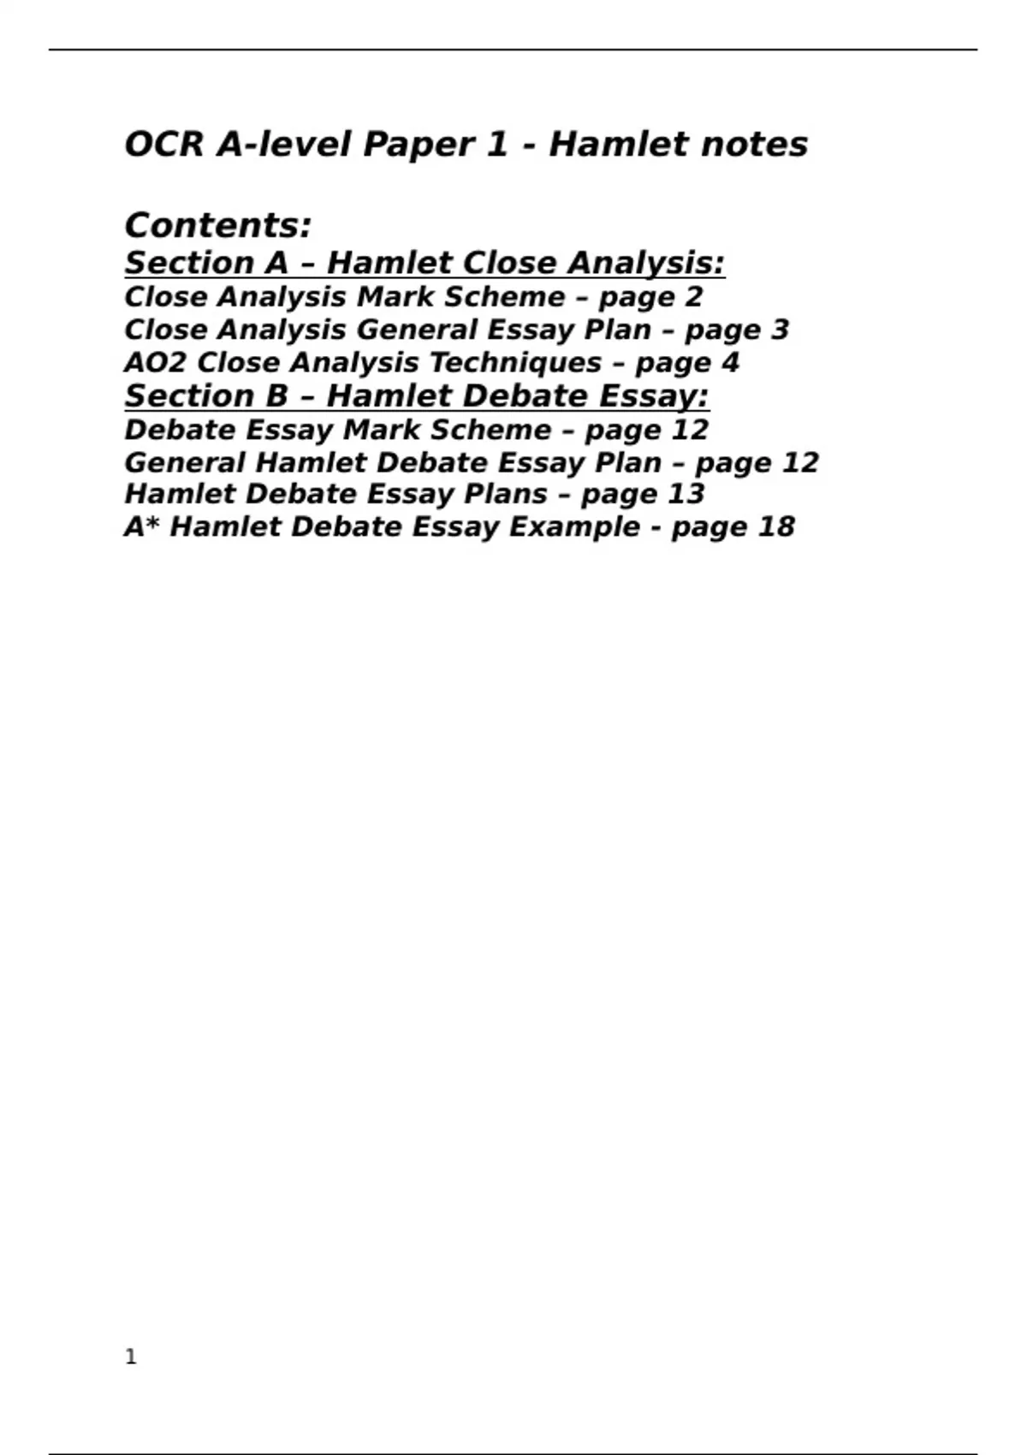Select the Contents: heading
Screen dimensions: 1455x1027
218,226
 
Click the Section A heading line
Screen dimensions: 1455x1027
424,263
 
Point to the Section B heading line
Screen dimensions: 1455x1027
417,396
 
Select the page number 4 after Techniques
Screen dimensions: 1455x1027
730,362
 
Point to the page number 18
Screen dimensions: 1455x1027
776,526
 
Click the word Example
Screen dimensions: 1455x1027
574,526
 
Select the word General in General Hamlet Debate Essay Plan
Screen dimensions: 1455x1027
184,462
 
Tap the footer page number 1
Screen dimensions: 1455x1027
131,1357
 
